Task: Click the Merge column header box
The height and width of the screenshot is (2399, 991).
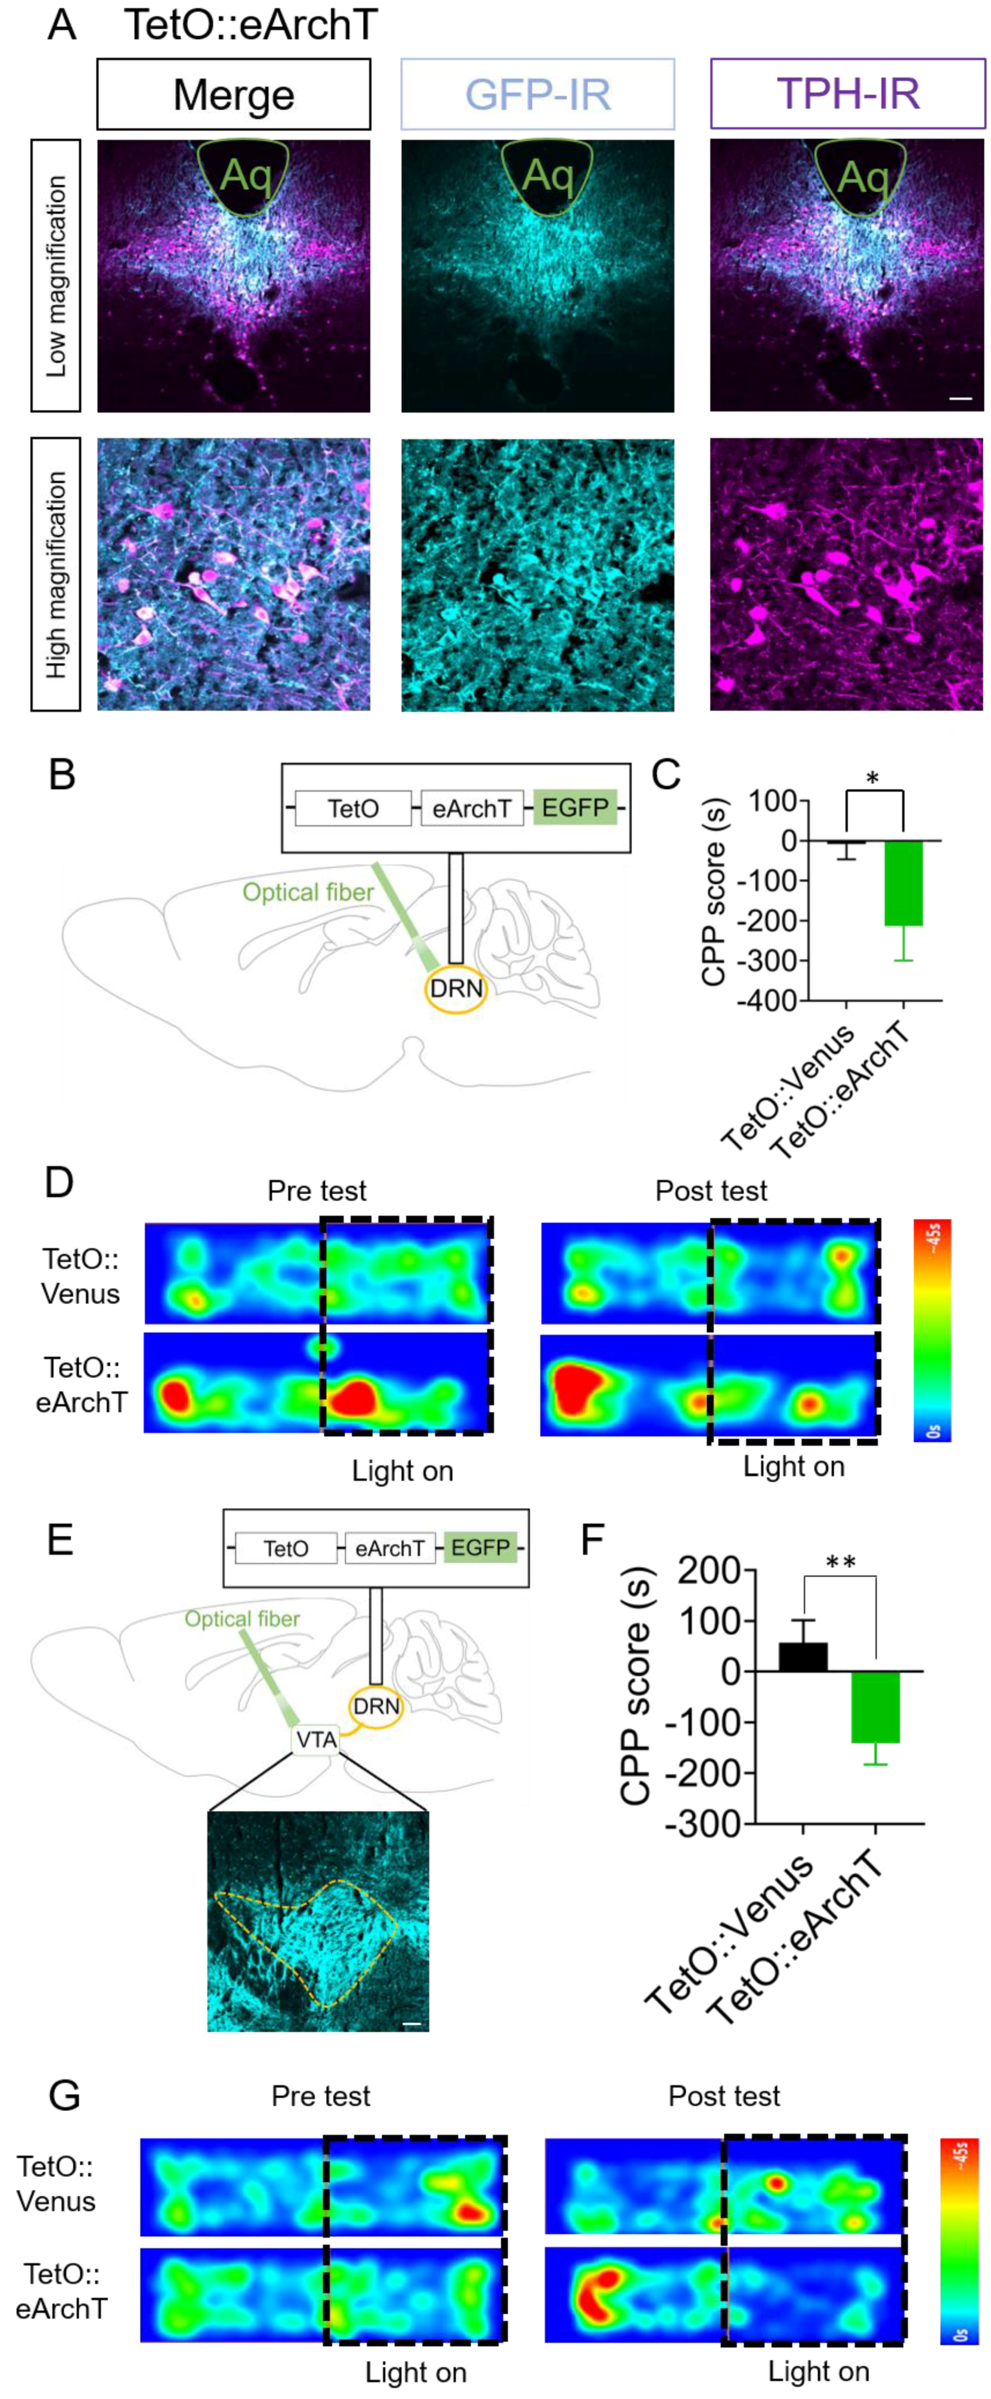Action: pyautogui.click(x=234, y=94)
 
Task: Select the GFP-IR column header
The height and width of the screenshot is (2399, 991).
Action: pyautogui.click(x=537, y=94)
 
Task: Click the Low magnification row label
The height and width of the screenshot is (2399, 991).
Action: pyautogui.click(x=56, y=276)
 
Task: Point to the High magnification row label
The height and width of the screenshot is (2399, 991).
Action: pyautogui.click(x=56, y=575)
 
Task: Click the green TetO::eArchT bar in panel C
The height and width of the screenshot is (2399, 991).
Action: pyautogui.click(x=903, y=883)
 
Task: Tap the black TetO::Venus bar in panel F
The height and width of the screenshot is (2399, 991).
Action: pyautogui.click(x=803, y=1657)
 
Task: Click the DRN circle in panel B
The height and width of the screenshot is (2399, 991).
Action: pyautogui.click(x=456, y=988)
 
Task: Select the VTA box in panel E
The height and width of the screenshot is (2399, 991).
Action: pyautogui.click(x=316, y=1739)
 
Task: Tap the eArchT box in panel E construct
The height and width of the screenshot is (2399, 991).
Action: pyautogui.click(x=389, y=1548)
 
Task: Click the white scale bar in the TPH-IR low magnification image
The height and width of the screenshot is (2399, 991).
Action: pyautogui.click(x=960, y=398)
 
